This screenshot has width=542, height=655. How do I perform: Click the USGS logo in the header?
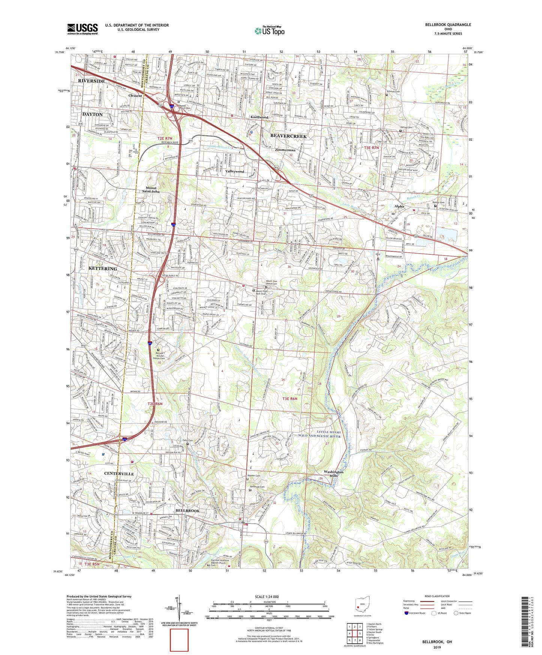[82, 29]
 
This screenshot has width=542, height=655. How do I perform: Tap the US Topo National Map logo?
[269, 31]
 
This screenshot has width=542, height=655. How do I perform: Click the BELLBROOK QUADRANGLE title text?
[448, 25]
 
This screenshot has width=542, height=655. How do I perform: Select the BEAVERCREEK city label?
[288, 136]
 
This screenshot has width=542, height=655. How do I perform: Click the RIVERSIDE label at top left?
[92, 81]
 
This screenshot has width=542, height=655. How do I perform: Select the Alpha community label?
[399, 206]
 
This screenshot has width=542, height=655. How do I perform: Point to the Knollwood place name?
[259, 117]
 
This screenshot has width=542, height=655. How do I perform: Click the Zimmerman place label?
[285, 150]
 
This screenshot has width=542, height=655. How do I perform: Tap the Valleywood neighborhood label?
[235, 171]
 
